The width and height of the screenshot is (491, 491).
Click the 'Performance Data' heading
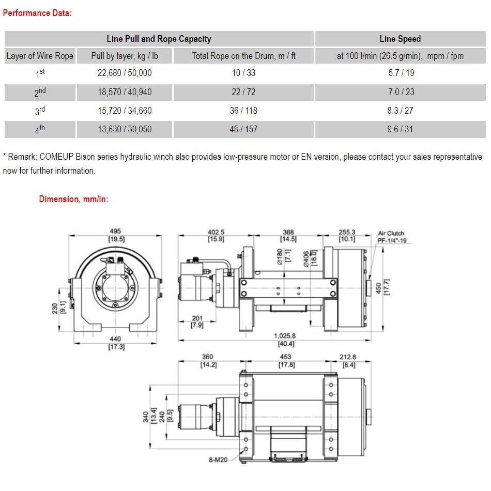click(x=37, y=13)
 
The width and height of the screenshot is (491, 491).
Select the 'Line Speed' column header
click(x=400, y=39)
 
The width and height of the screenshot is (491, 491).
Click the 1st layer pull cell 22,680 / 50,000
click(x=125, y=73)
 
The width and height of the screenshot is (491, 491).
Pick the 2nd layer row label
click(x=40, y=92)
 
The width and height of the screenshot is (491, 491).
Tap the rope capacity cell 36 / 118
click(x=243, y=111)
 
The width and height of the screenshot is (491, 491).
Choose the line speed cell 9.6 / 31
click(x=400, y=129)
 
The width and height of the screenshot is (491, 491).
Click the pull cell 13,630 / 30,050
click(x=125, y=129)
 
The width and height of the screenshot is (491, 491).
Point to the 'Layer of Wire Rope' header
click(x=40, y=56)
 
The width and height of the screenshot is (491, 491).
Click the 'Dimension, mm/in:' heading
click(x=73, y=200)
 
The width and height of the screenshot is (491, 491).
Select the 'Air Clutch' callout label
click(x=391, y=234)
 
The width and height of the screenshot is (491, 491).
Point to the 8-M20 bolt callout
click(x=219, y=459)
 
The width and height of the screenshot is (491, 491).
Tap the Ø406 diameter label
click(x=306, y=257)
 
